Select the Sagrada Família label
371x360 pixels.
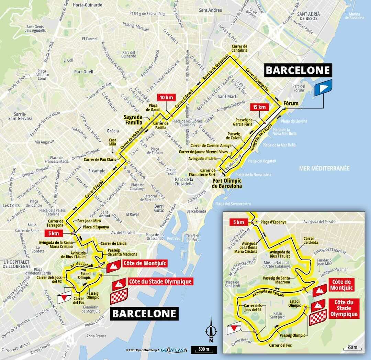point(133,119)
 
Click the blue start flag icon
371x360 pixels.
point(323,87)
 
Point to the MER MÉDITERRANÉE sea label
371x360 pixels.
point(324,168)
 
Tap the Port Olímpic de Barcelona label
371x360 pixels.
point(227,183)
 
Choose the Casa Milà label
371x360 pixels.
point(112,142)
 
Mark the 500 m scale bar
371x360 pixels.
point(204,350)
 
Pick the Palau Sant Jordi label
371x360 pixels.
point(282,315)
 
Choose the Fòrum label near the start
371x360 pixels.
point(291,103)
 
